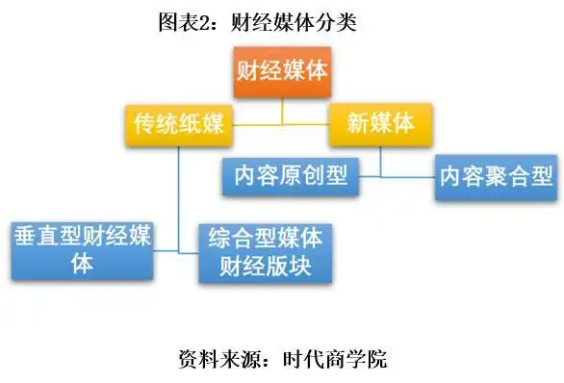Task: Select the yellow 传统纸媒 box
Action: (x=177, y=124)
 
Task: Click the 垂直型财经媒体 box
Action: (x=83, y=248)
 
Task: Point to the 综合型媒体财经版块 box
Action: (x=260, y=250)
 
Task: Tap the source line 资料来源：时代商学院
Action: (x=282, y=359)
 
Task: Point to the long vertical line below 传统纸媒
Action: (x=179, y=192)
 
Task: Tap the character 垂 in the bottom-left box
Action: (x=26, y=235)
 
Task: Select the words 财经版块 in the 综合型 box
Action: (x=260, y=264)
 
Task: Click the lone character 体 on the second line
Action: (x=83, y=263)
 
